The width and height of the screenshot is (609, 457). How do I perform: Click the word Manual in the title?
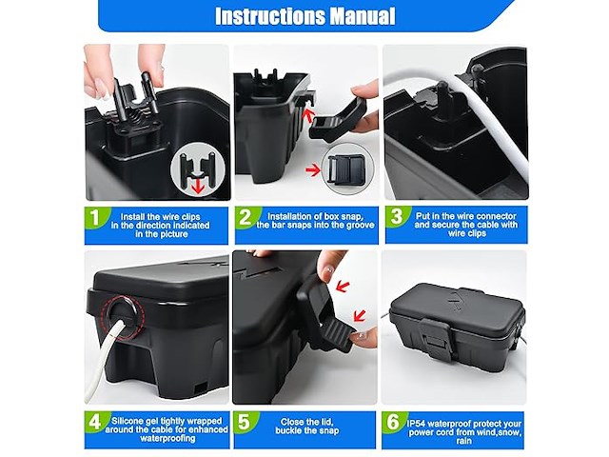click(x=363, y=16)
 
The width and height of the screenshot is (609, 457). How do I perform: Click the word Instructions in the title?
click(x=270, y=16)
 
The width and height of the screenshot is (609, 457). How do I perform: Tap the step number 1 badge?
click(x=95, y=217)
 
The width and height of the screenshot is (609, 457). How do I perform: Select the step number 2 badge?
click(x=246, y=217)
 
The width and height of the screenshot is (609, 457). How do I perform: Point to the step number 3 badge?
click(x=396, y=216)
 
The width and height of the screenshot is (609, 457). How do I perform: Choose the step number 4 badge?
click(x=95, y=422)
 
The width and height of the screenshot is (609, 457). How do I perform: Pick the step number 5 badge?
click(x=244, y=422)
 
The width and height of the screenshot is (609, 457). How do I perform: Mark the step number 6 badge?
click(x=393, y=422)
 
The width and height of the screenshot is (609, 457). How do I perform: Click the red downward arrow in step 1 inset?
click(x=199, y=185)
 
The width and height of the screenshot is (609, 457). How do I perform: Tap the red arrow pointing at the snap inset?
click(x=313, y=169)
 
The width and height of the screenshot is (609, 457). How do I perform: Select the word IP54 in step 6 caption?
click(x=417, y=424)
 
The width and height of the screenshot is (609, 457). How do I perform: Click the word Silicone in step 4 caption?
click(x=127, y=421)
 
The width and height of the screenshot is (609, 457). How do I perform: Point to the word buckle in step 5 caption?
click(x=287, y=430)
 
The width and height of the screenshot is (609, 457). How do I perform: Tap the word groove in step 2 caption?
click(x=362, y=225)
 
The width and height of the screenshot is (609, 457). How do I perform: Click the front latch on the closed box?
click(x=437, y=340)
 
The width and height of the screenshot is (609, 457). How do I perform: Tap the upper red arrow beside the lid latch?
click(x=343, y=287)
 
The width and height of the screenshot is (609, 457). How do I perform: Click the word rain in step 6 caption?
click(x=464, y=441)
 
